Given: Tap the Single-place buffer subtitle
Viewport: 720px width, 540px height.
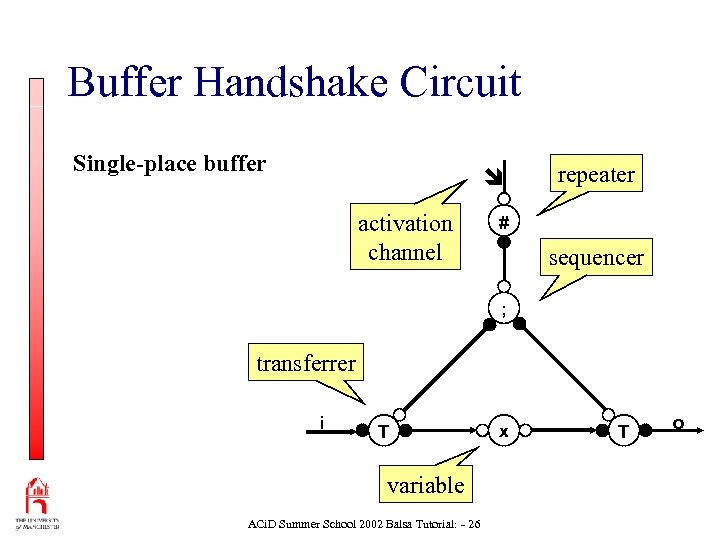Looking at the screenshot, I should pyautogui.click(x=169, y=163).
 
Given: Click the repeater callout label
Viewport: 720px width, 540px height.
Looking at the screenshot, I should pyautogui.click(x=596, y=175).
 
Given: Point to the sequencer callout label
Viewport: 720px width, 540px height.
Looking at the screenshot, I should pyautogui.click(x=596, y=257).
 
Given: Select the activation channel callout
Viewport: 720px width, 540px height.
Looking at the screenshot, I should pyautogui.click(x=405, y=238).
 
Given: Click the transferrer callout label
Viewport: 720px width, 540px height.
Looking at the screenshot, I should pyautogui.click(x=306, y=363).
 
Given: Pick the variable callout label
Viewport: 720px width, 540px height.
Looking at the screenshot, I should pyautogui.click(x=426, y=485).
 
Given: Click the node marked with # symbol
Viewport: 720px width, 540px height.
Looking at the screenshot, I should pyautogui.click(x=505, y=222).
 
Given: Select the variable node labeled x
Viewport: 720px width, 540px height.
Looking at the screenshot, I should pyautogui.click(x=504, y=431).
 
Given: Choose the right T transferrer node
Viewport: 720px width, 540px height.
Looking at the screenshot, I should pyautogui.click(x=624, y=431).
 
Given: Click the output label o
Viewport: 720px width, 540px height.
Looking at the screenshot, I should pyautogui.click(x=678, y=425).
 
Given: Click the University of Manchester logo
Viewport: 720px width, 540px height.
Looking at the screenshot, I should pyautogui.click(x=37, y=504).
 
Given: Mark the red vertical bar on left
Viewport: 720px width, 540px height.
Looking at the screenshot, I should pyautogui.click(x=37, y=270).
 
